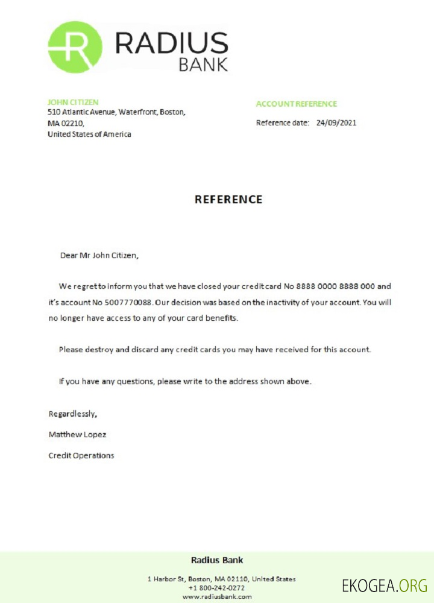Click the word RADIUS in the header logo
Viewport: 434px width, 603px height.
171,44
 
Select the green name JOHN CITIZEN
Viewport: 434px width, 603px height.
73,103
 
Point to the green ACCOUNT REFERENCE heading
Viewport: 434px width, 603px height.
296,104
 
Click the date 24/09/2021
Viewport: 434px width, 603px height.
336,123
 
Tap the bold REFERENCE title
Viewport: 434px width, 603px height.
228,200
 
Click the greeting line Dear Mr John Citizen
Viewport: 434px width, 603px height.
99,255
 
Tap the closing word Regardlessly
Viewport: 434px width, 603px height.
72,414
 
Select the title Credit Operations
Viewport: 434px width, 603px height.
81,456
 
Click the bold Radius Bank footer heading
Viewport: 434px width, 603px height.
217,560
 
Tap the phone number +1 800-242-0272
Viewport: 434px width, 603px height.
216,587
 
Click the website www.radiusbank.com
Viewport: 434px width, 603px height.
216,596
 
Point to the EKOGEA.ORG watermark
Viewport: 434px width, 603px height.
384,585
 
